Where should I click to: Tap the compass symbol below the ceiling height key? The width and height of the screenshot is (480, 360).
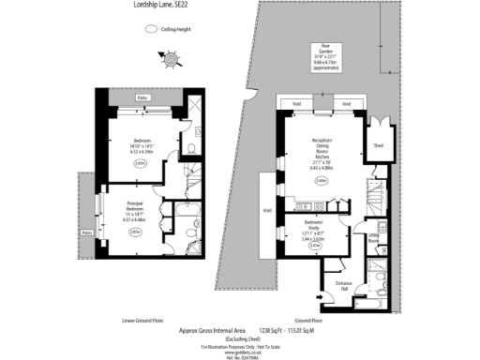172,60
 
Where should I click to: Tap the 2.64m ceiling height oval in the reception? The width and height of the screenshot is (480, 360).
322,181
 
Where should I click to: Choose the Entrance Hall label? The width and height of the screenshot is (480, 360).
344,285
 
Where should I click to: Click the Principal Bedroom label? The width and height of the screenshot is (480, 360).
135,211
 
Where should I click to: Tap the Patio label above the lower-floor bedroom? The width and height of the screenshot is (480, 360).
142,97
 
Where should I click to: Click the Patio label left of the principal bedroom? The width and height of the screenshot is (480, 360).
87,232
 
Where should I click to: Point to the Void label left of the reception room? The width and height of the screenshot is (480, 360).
267,210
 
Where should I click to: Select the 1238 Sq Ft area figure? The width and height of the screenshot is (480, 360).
271,330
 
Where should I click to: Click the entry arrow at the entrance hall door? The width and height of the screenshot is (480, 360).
320,298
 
